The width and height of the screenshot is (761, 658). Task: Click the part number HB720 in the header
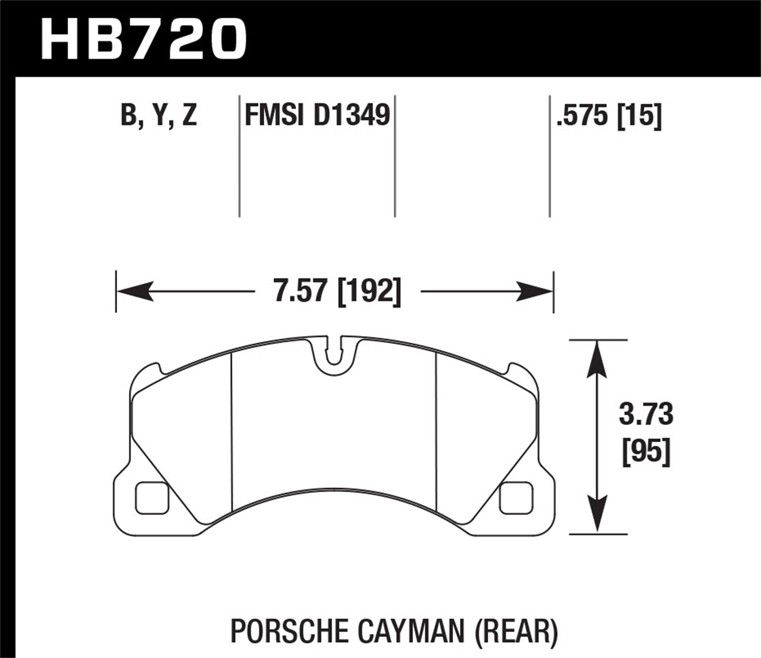pos(144,39)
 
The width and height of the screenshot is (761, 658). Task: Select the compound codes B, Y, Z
pos(159,115)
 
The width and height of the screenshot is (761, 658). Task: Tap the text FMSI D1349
pos(317,115)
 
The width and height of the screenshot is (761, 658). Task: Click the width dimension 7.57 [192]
pos(337,291)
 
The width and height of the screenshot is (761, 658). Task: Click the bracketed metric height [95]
pos(645,451)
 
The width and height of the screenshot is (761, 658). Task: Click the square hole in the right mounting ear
pos(515,498)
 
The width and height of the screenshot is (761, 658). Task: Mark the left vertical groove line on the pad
pos(231,432)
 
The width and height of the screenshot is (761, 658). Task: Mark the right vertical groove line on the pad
pos(436,432)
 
